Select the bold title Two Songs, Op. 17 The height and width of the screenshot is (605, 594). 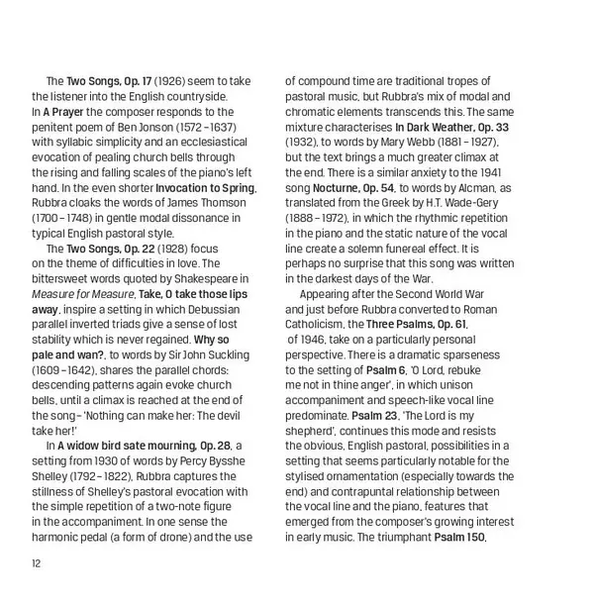point(107,81)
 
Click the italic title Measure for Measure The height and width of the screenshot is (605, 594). point(82,294)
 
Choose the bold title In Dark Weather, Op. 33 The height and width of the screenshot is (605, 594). point(451,127)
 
